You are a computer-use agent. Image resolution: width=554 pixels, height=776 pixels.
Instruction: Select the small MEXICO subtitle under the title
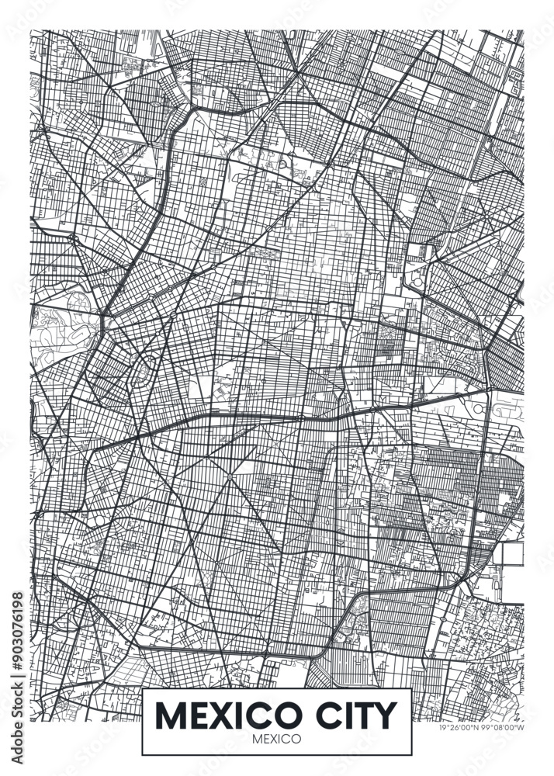(276, 739)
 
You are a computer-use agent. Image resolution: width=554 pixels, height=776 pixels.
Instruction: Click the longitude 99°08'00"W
(500, 727)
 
